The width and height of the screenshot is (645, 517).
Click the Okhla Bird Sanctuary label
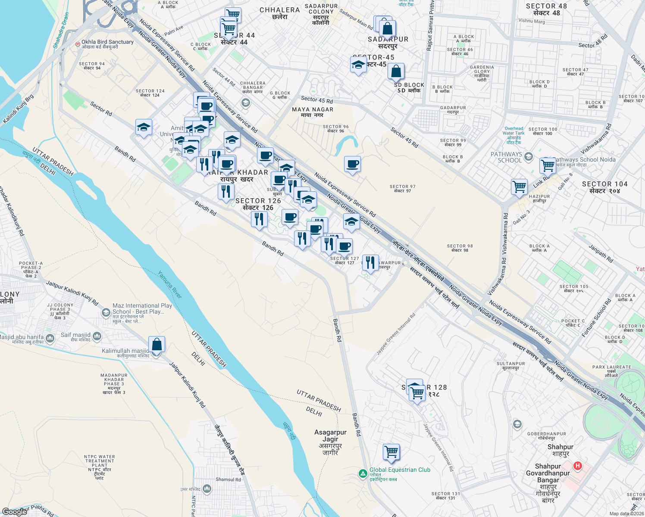(107, 42)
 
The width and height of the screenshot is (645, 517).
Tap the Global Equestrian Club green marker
(363, 473)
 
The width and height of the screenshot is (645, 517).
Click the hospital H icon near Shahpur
(577, 466)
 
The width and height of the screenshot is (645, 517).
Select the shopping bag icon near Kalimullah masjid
(157, 345)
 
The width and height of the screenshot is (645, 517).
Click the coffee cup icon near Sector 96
(352, 164)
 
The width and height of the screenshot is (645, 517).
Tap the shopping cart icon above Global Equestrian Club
(391, 452)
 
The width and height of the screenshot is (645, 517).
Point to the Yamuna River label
(169, 284)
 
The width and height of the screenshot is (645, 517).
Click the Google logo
(14, 512)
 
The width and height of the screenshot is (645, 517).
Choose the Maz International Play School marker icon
(106, 312)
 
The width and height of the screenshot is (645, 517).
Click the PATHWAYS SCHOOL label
(506, 157)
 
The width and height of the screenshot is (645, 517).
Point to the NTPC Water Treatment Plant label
(100, 467)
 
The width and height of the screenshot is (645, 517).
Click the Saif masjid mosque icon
(97, 336)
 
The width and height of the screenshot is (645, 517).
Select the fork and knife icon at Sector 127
(370, 262)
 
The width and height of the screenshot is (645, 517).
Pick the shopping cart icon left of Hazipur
(520, 187)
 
